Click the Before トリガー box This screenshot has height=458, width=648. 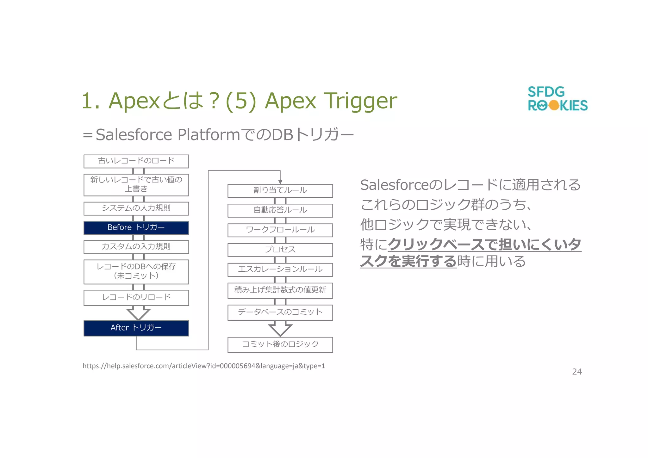[136, 228]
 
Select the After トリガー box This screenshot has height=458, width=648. [136, 328]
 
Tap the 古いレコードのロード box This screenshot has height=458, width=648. [136, 161]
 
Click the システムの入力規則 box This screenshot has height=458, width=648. [136, 208]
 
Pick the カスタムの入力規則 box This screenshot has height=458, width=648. [136, 247]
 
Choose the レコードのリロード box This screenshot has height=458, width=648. [136, 298]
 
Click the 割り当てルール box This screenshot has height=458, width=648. [280, 191]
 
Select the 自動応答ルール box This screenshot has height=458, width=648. [280, 210]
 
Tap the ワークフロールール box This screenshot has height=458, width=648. [280, 230]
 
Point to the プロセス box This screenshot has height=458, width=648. [280, 250]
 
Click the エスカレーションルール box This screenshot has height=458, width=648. [280, 269]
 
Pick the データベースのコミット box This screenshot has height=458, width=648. [280, 313]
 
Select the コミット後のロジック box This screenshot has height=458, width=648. [280, 345]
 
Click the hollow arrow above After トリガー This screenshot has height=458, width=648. [138, 313]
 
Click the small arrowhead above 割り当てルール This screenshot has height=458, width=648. [280, 182]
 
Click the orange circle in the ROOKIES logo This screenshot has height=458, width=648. [554, 105]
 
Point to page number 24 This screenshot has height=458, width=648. [577, 372]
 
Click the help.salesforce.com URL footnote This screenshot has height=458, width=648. [204, 366]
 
